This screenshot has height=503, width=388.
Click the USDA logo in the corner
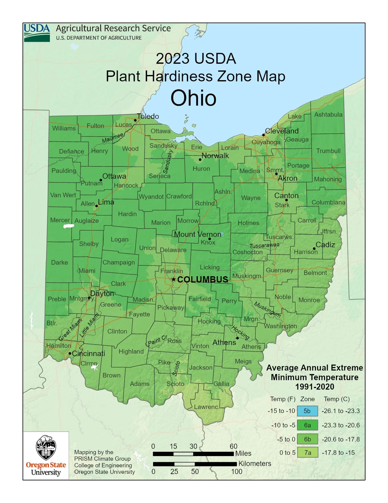point(37,33)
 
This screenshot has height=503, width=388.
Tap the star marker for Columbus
point(173,279)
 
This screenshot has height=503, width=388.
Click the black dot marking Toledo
point(135,120)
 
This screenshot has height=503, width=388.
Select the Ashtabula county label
point(328,115)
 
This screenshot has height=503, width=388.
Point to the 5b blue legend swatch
point(307,411)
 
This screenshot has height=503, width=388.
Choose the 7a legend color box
point(307,453)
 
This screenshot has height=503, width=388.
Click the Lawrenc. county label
point(206,407)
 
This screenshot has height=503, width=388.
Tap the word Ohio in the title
point(194,98)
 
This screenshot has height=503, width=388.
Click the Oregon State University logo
point(46,455)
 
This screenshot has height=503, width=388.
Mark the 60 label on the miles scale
point(233,446)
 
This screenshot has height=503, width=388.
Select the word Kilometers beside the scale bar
point(255,464)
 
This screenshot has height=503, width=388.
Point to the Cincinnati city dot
point(70,353)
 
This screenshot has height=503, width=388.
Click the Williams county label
point(64,128)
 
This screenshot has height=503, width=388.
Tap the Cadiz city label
point(325,244)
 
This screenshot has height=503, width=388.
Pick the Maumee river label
point(113,138)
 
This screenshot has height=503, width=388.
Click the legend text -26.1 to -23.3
point(341,411)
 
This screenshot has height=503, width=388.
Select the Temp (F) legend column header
point(283,399)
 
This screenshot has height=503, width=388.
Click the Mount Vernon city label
point(197,234)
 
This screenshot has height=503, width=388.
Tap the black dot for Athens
point(237,338)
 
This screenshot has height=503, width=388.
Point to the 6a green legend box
point(307,425)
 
